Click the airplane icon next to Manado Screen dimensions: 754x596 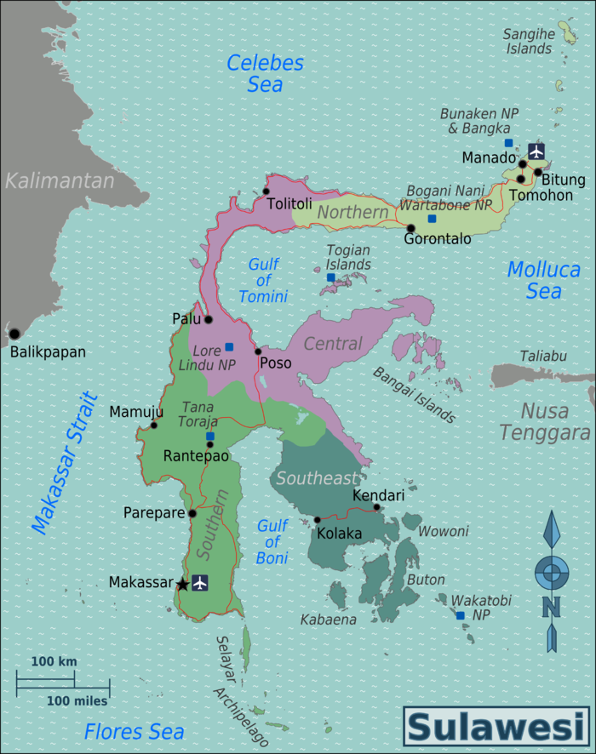pos(536,151)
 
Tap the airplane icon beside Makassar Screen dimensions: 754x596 pos(199,583)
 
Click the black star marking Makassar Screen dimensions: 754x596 pos(181,584)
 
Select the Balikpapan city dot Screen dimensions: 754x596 pos(14,334)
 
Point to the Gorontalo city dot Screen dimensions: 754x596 pos(410,228)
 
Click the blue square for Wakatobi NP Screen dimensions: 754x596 pos(460,615)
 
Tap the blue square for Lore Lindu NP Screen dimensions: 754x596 pos(229,346)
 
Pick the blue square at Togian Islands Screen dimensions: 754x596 pos(331,277)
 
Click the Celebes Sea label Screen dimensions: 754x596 pos(265,73)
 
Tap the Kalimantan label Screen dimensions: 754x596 pos(59,180)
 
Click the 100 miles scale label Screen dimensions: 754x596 pos(77,701)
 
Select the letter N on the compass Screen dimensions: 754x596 pos(551,606)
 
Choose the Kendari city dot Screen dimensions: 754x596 pos(376,507)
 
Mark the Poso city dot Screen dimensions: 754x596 pos(258,351)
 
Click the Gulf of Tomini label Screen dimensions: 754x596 pos(263,281)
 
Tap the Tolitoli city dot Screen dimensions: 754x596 pos(266,191)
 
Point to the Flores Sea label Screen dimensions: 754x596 pos(134,731)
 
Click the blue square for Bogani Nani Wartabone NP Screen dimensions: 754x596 pos(432,219)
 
